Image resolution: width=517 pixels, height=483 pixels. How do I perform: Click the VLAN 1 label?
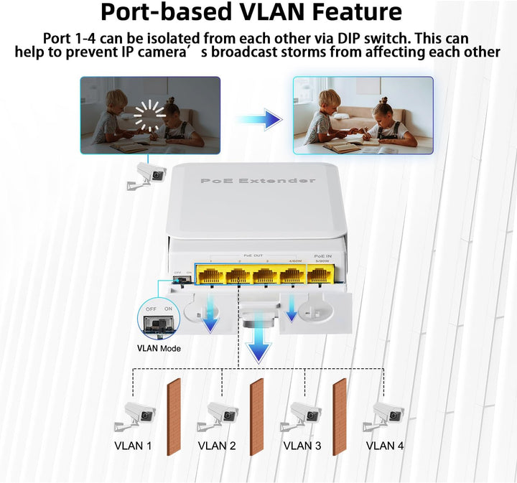coord(133,446)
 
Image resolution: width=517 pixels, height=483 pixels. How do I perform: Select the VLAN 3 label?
coord(302,446)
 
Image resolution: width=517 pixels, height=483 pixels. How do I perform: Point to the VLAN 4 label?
coord(385,446)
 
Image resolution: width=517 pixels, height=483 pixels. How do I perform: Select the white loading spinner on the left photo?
coord(150,116)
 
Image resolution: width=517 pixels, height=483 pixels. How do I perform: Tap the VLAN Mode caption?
coord(159,349)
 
